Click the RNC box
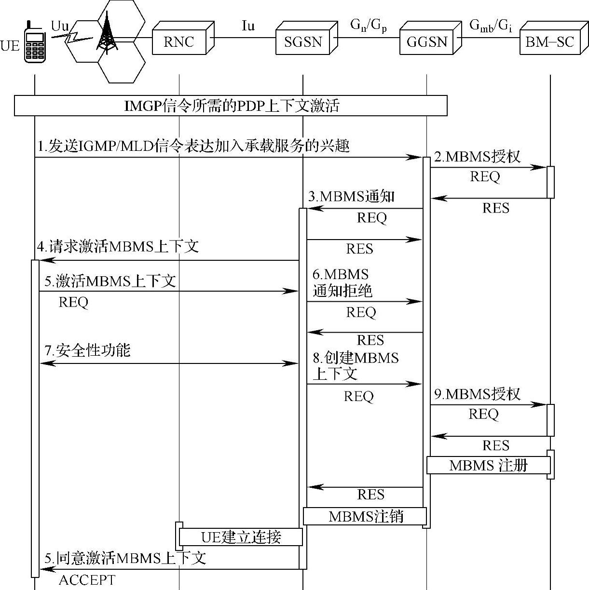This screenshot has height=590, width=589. (179, 42)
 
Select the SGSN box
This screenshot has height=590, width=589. (303, 42)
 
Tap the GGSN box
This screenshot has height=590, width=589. (427, 42)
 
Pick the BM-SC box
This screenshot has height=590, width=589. (549, 42)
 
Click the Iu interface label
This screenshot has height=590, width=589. (247, 26)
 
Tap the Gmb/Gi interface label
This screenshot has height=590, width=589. (490, 26)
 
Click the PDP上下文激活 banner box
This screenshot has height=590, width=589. (231, 106)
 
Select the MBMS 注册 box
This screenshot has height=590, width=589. (488, 466)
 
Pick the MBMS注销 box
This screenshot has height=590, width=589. (365, 516)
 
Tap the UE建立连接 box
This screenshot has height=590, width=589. (241, 536)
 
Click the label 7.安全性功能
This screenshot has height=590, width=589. (87, 350)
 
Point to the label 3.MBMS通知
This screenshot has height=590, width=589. (351, 196)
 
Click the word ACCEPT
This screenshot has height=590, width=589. (87, 580)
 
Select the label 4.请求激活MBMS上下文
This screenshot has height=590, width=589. (118, 247)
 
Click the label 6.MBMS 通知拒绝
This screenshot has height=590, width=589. (342, 282)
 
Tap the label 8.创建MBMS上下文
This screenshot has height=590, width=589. (356, 365)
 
